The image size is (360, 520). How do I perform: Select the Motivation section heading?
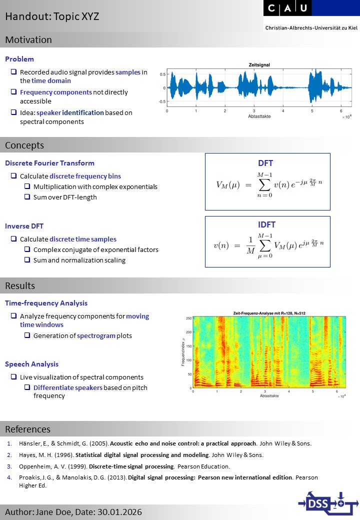(28, 40)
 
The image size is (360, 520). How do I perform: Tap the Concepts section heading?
(24, 145)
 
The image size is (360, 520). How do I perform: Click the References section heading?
(27, 429)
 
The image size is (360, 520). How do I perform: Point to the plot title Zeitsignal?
(260, 65)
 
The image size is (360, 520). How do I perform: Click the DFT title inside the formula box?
(265, 163)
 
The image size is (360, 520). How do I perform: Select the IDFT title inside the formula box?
(267, 225)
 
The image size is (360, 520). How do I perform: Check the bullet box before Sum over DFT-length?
(28, 197)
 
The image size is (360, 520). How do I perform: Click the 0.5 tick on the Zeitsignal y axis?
(162, 74)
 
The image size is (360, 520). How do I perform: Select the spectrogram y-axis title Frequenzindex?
(183, 352)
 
